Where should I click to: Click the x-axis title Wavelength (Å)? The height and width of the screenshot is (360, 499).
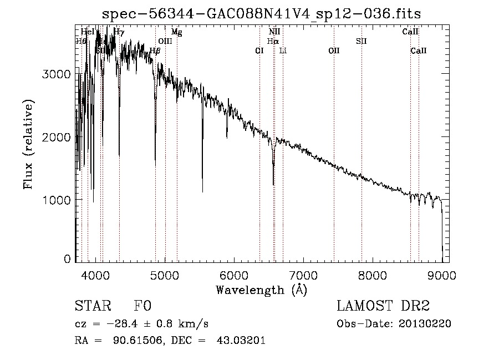[261, 290]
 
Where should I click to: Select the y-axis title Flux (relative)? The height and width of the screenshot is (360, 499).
[28, 145]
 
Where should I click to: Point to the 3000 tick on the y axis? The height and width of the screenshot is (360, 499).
[55, 74]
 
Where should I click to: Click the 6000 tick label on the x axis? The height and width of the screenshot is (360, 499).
[234, 275]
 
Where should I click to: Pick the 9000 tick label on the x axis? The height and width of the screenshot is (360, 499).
[442, 275]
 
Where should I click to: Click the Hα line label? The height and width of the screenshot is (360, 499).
[272, 41]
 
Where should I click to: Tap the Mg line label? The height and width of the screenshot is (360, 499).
[176, 32]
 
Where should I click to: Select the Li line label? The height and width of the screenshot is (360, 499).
[283, 50]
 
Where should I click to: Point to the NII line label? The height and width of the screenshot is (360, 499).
[274, 32]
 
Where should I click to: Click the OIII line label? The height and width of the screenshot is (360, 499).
[165, 41]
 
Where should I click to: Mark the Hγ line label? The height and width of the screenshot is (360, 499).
[119, 32]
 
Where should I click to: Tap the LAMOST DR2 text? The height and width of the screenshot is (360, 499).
[383, 306]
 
